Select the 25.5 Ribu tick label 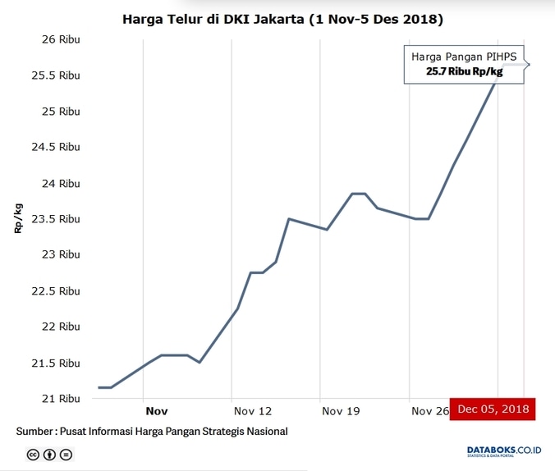coord(54,75)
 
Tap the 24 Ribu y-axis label coord(60,183)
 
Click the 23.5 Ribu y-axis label coord(54,219)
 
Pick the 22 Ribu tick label coord(60,327)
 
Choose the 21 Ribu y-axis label coord(60,399)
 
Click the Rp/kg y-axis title coord(18,217)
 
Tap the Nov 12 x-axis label coord(252,410)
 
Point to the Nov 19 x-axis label coord(341,410)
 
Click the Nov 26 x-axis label coord(429,410)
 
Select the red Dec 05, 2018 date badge coord(493,409)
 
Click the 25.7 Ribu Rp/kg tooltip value coord(464,72)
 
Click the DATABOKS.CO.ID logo coord(504,450)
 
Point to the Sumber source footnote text coord(152,432)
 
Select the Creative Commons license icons coord(49,454)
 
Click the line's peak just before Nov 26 coord(359,194)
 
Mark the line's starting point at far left coord(99,387)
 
